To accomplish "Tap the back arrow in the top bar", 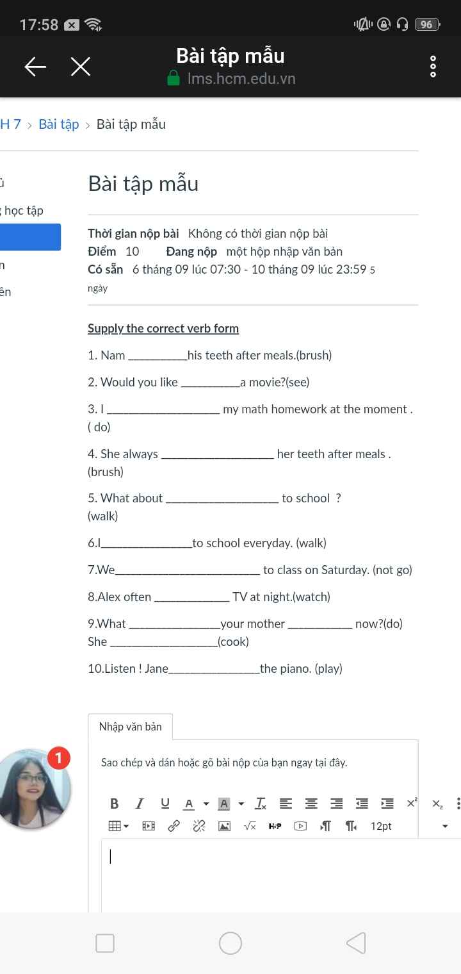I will click(x=35, y=66).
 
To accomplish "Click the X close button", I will click(x=81, y=66).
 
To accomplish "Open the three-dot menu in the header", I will click(x=433, y=67).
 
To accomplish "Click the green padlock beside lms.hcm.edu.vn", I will click(x=173, y=79).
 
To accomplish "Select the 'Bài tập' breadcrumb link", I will click(x=59, y=124).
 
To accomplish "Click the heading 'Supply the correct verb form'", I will click(x=163, y=329).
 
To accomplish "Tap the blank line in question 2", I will click(x=211, y=383).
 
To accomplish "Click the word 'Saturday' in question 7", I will click(x=345, y=570).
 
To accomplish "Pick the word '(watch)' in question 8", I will click(x=311, y=597).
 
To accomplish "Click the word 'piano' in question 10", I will click(x=295, y=669).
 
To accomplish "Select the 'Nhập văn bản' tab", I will click(x=130, y=727).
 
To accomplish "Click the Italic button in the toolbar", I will click(x=140, y=804).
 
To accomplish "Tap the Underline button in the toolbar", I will click(x=165, y=804).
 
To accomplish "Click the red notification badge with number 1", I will click(x=58, y=759).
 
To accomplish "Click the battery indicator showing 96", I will click(x=426, y=25).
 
